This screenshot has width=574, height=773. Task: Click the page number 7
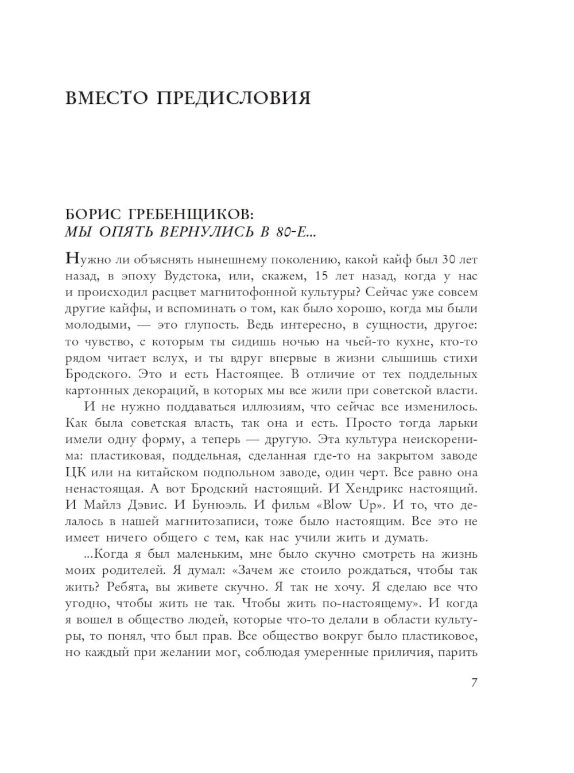474,683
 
